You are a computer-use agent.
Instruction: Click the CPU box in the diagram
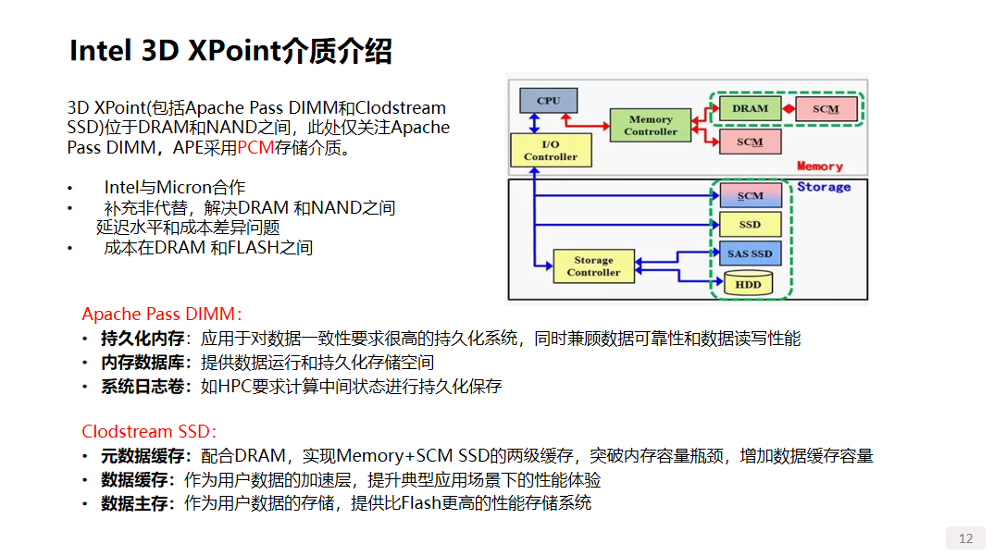point(549,100)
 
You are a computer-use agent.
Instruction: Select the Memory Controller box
point(651,125)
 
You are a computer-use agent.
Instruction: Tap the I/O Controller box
point(550,150)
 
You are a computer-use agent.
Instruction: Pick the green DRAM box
point(750,108)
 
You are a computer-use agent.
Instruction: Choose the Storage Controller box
point(593,266)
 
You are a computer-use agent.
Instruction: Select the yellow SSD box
point(750,225)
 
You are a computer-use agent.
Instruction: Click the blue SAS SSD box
point(750,253)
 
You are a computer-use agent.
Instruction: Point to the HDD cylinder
point(749,284)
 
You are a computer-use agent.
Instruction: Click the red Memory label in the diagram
point(820,167)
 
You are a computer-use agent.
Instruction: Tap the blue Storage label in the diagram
point(824,187)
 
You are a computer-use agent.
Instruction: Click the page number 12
point(965,538)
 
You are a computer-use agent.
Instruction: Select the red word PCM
point(256,147)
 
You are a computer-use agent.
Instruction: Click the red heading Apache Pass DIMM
point(161,315)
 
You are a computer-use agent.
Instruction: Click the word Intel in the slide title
point(101,51)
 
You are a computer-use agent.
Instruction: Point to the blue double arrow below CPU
point(533,123)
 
